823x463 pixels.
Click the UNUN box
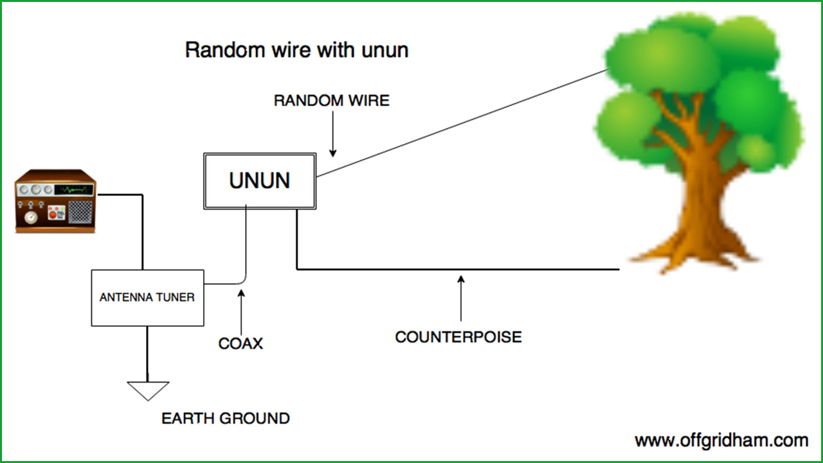tap(260, 181)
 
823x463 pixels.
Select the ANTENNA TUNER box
tap(147, 298)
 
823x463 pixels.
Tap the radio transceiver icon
tap(55, 201)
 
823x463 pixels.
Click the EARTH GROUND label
tap(225, 419)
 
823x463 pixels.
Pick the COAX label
tap(240, 343)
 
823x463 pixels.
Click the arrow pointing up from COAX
tap(241, 312)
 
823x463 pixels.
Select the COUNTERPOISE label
tap(458, 337)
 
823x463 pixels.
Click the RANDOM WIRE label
tap(331, 101)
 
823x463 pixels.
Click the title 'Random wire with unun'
tap(296, 50)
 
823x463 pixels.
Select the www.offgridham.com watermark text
tap(721, 440)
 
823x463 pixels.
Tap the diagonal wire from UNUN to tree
tap(463, 122)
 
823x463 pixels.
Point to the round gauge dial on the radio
tap(31, 217)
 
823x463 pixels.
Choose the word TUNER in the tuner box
tap(174, 298)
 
